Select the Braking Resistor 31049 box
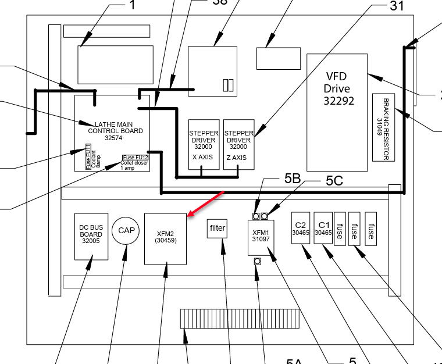tap(384, 127)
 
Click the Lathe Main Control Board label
tap(110, 131)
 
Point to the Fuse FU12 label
tap(135, 158)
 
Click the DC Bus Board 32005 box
tap(92, 237)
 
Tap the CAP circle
tap(126, 231)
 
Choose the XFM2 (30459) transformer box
tap(166, 239)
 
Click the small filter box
tap(218, 229)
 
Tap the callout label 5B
tap(292, 179)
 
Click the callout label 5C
tap(334, 181)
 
